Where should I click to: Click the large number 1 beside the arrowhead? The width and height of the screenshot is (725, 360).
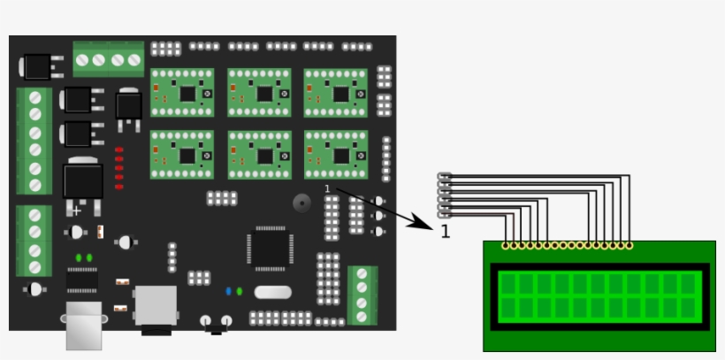coord(445,231)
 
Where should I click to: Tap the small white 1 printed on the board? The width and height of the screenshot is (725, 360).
coord(327,188)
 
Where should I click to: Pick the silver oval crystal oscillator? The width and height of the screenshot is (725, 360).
coord(271,292)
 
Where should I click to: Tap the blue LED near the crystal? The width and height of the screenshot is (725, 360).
coord(228,290)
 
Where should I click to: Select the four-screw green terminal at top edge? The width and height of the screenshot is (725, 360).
coord(109,59)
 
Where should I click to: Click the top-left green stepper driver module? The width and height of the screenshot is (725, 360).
coord(181,93)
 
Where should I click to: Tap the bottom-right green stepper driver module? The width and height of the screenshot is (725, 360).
coord(335,155)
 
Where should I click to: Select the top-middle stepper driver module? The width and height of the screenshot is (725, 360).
coord(259,93)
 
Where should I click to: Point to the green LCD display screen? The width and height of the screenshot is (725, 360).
coord(599,295)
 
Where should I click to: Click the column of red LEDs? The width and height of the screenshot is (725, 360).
coord(118,168)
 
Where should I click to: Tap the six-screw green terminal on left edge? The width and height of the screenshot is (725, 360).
coord(34,141)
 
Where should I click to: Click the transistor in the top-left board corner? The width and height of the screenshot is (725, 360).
coord(38,66)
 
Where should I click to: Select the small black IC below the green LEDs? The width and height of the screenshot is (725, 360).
coord(82,280)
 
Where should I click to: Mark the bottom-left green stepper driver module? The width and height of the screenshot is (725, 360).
coord(181,155)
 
